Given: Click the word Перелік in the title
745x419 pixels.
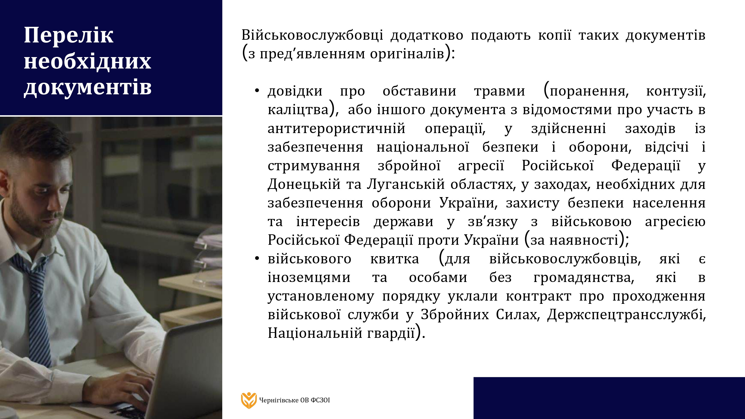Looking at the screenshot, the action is tap(69, 35).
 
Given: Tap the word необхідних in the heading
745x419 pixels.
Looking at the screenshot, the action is tap(87, 61).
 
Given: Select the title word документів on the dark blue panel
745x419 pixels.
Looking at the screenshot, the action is tap(88, 87).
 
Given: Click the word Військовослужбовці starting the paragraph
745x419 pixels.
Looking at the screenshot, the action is tap(312, 35).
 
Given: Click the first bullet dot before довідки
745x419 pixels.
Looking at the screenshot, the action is tap(257, 91).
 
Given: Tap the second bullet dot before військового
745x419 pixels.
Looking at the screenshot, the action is tap(257, 258).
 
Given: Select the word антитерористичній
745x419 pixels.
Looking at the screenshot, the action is tap(336, 128).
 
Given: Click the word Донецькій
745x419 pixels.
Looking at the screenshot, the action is tap(304, 184).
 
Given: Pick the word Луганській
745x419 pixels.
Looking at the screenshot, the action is tap(406, 184).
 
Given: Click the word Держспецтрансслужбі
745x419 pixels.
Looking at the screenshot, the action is tap(627, 314).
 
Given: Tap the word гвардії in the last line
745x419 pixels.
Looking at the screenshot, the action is tap(391, 333).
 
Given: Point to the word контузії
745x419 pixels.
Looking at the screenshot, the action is tap(676, 91).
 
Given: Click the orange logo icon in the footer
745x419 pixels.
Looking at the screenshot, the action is tap(249, 400).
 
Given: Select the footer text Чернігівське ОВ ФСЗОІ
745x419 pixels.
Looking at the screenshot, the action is tap(295, 400).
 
